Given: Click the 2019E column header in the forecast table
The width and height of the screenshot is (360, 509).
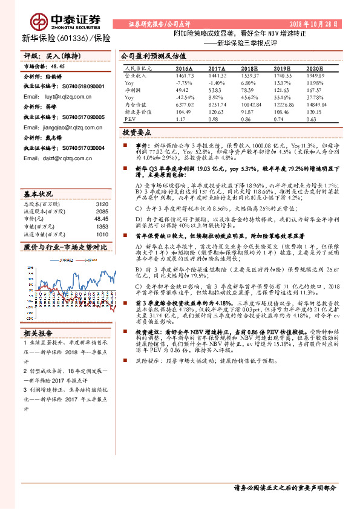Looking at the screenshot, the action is pos(272,69).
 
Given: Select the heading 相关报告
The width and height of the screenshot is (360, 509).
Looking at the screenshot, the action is pos(38,332).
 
